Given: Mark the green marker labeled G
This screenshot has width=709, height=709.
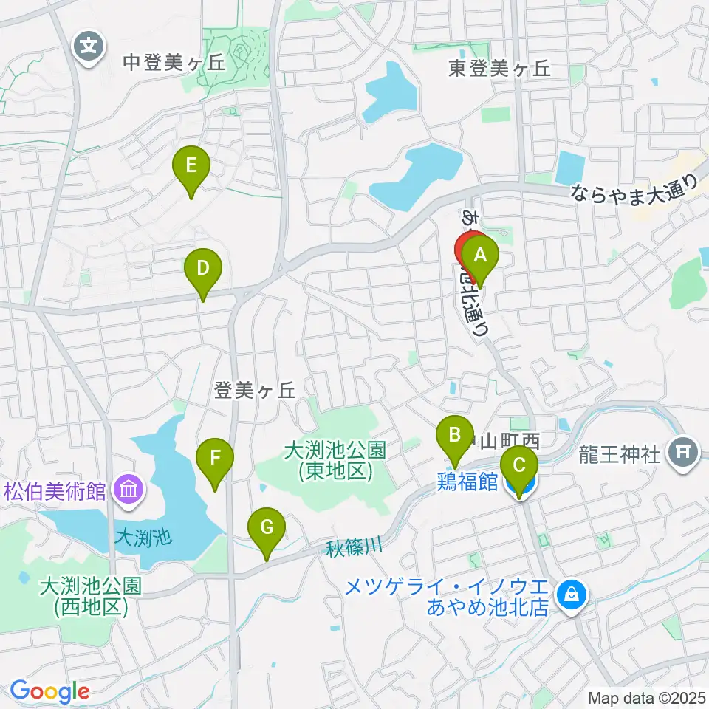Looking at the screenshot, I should click(267, 529).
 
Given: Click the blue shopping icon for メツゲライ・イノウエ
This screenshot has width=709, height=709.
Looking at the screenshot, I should click(571, 592).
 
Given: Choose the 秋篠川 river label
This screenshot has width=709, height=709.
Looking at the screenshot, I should click(354, 547).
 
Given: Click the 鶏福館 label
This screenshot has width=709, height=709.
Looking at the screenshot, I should click(467, 482).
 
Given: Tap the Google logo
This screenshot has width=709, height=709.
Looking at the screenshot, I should click(49, 692).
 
